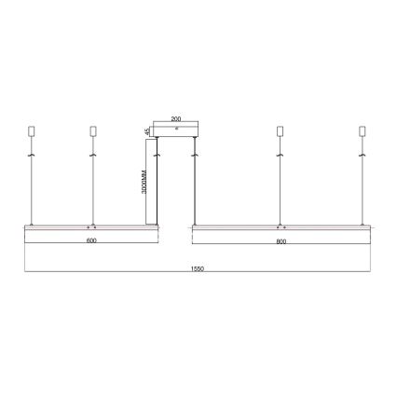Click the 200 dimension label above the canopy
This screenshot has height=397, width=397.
[x=176, y=120]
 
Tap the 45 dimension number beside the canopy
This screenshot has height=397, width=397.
[x=149, y=131]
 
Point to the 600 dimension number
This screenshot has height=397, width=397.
[x=89, y=241]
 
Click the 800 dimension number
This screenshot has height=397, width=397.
[x=281, y=241]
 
